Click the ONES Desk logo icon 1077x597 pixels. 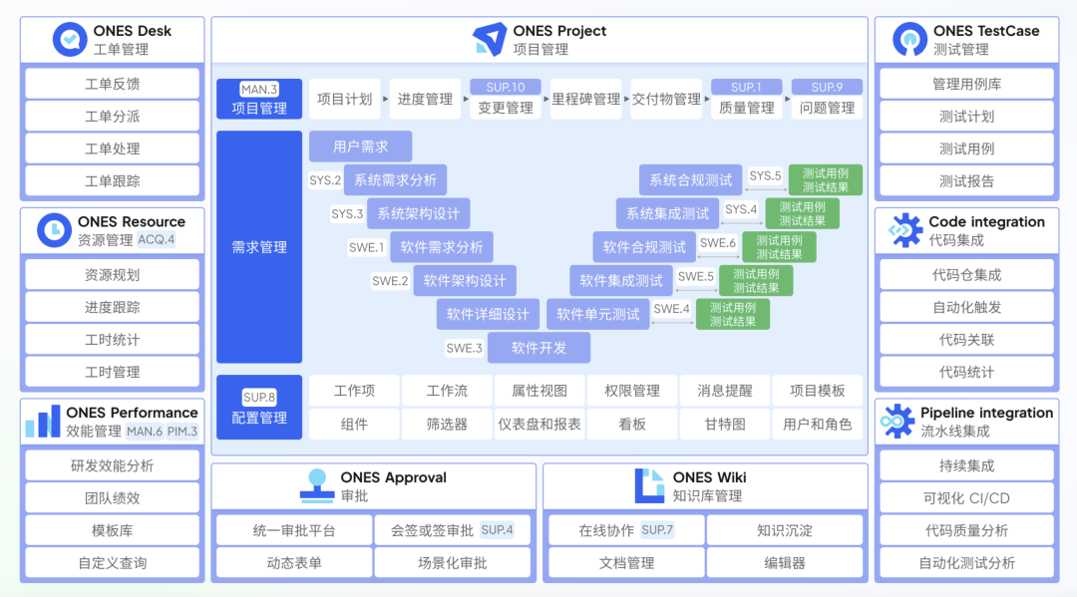point(70,40)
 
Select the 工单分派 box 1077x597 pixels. point(112,117)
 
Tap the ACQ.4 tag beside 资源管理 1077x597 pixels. point(157,239)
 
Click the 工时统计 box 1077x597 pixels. point(112,340)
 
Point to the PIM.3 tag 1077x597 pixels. point(181,432)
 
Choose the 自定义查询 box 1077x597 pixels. point(112,563)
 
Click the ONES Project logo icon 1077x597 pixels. point(490,40)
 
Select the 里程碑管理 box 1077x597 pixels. point(585,99)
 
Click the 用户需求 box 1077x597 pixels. point(360,147)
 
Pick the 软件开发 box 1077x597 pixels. point(538,348)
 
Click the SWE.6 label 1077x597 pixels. point(718,243)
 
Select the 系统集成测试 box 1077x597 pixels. point(668,213)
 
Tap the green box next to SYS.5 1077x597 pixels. point(826,180)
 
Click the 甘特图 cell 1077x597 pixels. point(725,424)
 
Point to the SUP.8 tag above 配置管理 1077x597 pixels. point(259,398)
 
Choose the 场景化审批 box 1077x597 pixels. point(453,563)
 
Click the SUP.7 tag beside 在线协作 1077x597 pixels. point(657,530)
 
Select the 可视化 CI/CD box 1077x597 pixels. point(966,498)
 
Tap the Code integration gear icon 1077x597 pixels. point(905,230)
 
